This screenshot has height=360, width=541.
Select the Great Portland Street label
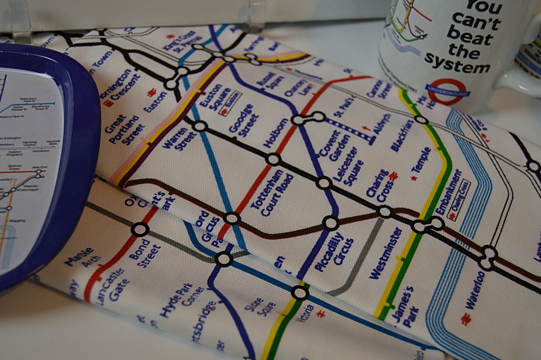click(125, 129)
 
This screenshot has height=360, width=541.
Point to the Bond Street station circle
click(140, 230)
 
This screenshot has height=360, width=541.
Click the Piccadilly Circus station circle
click(331, 222)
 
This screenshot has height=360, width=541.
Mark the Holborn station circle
click(273, 160)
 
